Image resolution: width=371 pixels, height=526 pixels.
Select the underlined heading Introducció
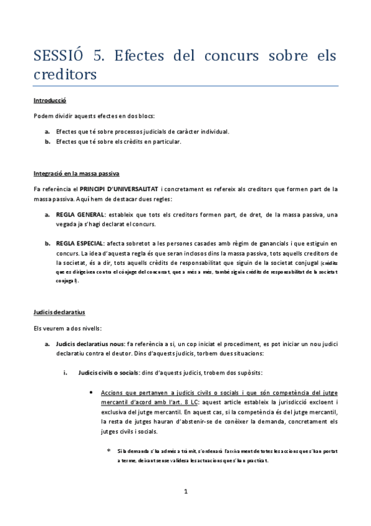coord(50,100)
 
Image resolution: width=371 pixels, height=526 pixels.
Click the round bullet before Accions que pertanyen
coord(92,393)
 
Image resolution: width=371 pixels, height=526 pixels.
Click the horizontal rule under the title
coord(185,86)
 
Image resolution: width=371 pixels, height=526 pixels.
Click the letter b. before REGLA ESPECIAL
coord(47,244)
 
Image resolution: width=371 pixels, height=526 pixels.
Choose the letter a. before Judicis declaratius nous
coord(47,343)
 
